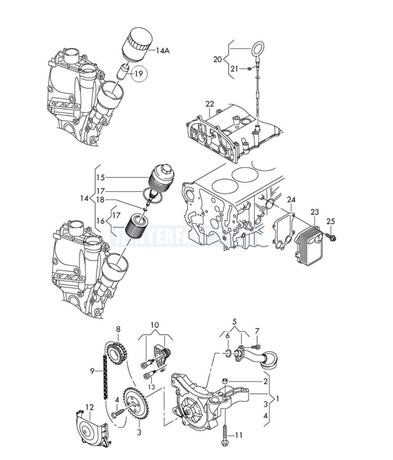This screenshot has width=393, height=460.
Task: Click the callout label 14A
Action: point(162,51)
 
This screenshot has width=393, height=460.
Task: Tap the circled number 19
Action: point(138,74)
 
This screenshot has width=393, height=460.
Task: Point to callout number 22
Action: point(210,104)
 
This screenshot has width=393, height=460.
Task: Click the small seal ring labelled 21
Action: point(249,69)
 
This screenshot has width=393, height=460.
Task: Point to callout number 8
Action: point(118,329)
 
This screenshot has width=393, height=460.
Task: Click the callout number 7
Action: point(257,331)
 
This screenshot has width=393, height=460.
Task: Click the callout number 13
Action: point(151,387)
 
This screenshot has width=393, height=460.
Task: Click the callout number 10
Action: point(155,325)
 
